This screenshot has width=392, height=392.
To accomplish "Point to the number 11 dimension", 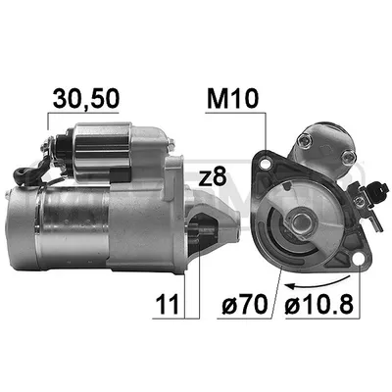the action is [168, 304].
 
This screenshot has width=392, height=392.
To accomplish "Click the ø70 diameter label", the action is [245, 304].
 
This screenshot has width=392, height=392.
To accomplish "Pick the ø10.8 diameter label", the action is [319, 304].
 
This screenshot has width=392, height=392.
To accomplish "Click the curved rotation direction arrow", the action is [317, 283].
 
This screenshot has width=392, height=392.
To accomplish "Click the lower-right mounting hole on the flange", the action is [359, 260].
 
